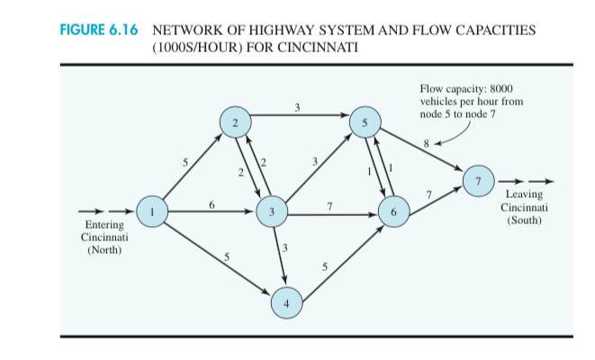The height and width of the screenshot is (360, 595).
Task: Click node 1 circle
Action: (x=154, y=211)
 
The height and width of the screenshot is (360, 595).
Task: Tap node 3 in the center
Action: (x=272, y=212)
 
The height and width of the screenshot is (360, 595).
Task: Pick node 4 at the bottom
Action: (x=286, y=303)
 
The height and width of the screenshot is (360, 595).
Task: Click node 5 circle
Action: (x=365, y=123)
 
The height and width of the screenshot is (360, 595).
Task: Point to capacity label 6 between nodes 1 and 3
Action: (x=212, y=204)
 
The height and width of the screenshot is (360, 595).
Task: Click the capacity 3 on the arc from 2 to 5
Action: (x=297, y=109)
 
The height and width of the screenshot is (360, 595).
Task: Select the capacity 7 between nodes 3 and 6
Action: (x=329, y=207)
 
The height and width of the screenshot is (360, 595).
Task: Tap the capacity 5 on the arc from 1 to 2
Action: (x=185, y=162)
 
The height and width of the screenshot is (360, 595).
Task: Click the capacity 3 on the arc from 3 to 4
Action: (x=285, y=247)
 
